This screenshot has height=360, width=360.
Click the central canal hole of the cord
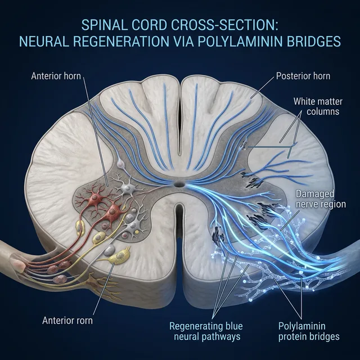[179, 184]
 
